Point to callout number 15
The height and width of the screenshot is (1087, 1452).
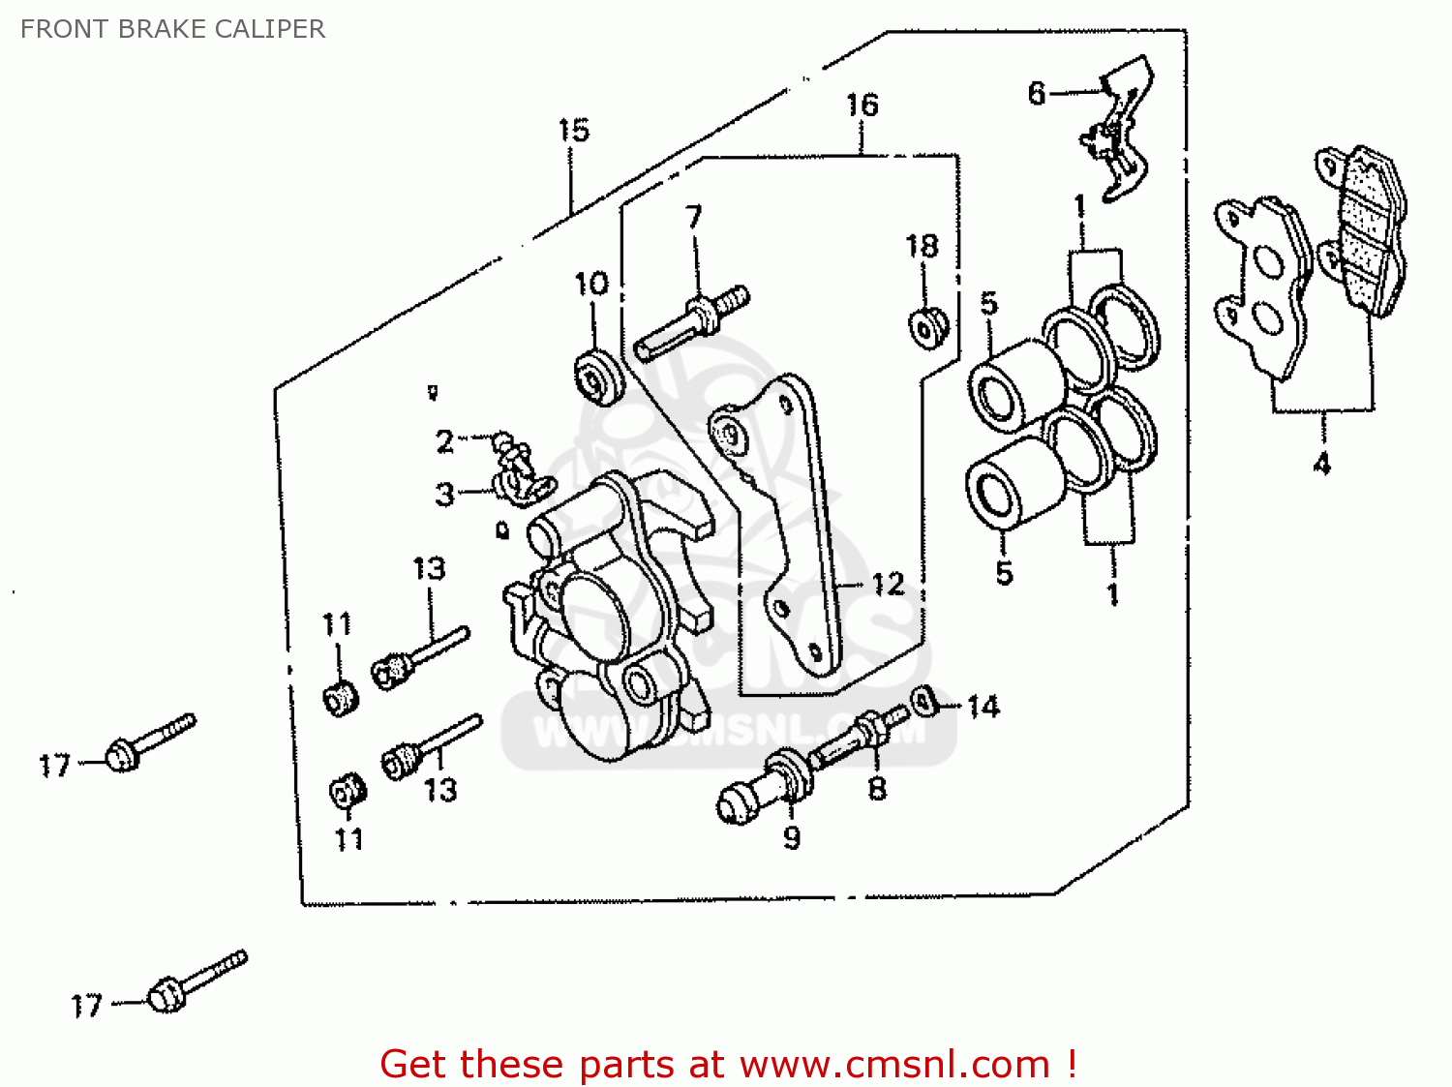point(573,130)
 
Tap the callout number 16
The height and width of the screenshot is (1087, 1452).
point(862,105)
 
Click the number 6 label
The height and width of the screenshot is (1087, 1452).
point(1037,93)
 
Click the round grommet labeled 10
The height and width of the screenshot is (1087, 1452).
point(596,377)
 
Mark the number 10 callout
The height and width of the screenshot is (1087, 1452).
point(591,285)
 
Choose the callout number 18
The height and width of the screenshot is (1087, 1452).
point(922,247)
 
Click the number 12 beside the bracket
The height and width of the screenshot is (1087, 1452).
point(888,584)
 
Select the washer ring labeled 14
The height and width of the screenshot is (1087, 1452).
point(925,699)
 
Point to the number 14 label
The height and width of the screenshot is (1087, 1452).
point(983,707)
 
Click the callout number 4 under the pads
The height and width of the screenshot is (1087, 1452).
point(1321,463)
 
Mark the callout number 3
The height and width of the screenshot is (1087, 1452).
point(444,495)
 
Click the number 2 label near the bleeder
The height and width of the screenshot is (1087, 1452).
point(444,441)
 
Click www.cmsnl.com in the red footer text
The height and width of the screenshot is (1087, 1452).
point(894,1064)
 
